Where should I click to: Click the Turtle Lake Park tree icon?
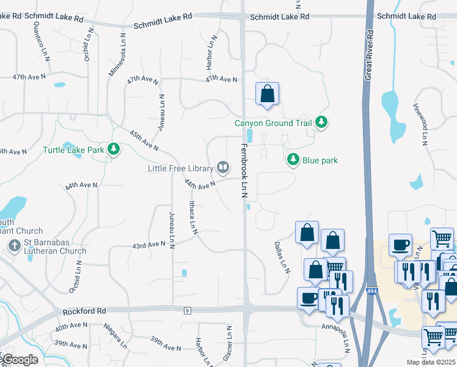pyautogui.click(x=113, y=149)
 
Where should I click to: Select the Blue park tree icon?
pyautogui.click(x=293, y=160)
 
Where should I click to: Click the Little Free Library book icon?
pyautogui.click(x=224, y=168)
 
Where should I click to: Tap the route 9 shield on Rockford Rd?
pyautogui.click(x=186, y=311)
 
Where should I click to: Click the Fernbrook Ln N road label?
pyautogui.click(x=243, y=171)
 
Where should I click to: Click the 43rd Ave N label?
pyautogui.click(x=149, y=245)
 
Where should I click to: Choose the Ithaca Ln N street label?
pyautogui.click(x=192, y=217)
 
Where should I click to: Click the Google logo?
pyautogui.click(x=20, y=360)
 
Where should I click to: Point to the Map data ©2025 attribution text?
pyautogui.click(x=431, y=362)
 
